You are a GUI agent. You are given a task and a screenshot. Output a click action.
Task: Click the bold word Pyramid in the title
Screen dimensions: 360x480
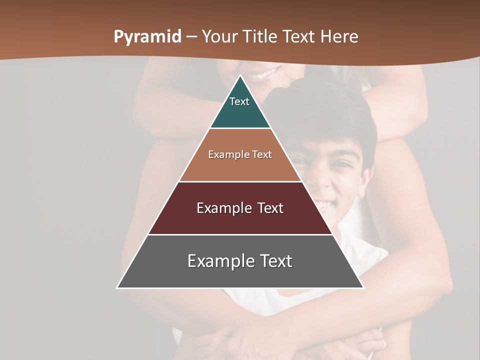147,37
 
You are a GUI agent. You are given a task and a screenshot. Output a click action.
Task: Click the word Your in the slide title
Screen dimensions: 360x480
220,37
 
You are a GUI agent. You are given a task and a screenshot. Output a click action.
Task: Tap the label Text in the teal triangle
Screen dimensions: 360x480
239,101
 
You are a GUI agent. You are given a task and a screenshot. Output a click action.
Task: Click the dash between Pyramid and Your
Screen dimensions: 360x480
191,37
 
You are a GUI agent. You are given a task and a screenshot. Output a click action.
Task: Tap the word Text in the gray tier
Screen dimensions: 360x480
274,261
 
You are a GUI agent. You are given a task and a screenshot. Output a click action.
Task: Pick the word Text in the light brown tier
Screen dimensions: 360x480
262,154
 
